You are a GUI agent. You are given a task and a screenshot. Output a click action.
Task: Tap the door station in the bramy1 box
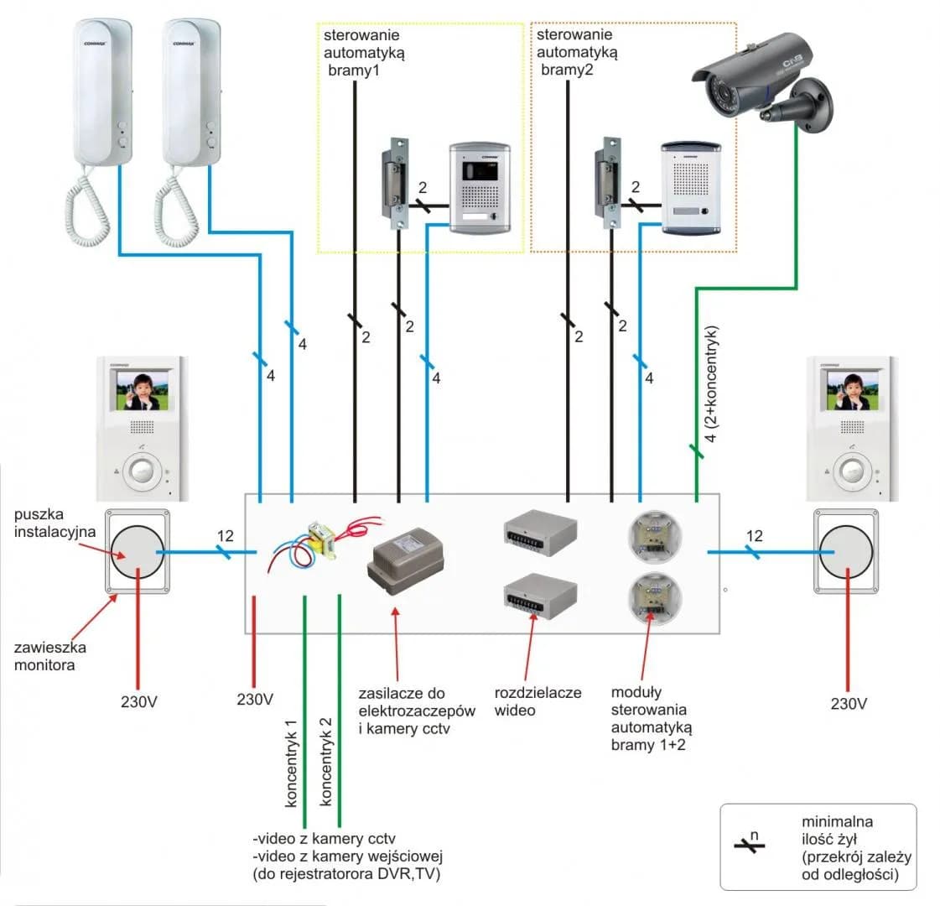pyautogui.click(x=480, y=186)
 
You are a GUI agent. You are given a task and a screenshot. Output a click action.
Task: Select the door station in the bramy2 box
pyautogui.click(x=691, y=186)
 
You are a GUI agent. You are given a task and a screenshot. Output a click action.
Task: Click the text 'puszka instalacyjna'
pyautogui.click(x=55, y=523)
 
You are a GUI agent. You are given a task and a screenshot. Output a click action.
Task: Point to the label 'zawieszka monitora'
pyautogui.click(x=50, y=656)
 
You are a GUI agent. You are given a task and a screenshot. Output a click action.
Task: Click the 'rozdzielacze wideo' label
pyautogui.click(x=538, y=701)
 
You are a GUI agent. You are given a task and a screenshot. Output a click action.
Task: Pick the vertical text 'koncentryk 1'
pyautogui.click(x=291, y=763)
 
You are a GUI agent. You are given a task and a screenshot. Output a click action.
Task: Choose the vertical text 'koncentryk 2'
pyautogui.click(x=326, y=763)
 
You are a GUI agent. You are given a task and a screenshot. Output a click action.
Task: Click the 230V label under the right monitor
pyautogui.click(x=849, y=704)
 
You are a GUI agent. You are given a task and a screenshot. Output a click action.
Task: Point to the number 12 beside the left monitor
pyautogui.click(x=225, y=536)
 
